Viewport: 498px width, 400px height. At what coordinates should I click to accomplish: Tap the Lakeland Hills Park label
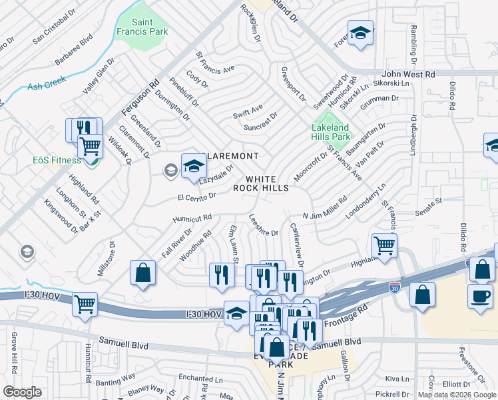[x=331, y=131]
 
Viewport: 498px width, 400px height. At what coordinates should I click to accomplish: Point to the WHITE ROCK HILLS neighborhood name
[x=260, y=183]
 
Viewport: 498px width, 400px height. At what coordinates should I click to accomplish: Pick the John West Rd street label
[x=408, y=75]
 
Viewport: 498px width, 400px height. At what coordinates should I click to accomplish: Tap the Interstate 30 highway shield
[x=395, y=287]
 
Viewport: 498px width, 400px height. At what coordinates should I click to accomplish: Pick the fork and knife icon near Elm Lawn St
[x=222, y=274]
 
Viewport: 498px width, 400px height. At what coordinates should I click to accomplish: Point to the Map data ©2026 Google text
[x=457, y=395]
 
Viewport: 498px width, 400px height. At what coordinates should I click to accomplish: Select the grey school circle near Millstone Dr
[x=27, y=251]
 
